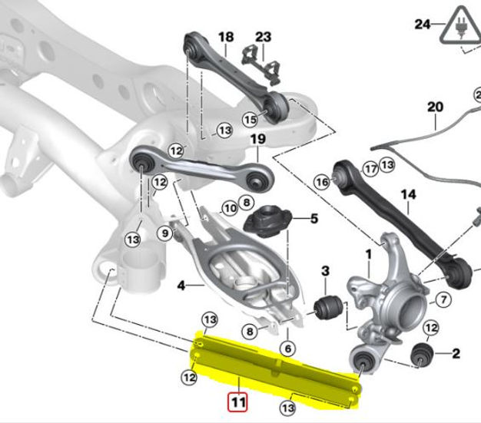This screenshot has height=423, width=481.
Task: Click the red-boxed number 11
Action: pos(237,400)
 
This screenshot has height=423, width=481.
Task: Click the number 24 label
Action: pos(423,24)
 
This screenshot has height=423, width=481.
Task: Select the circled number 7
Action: pos(443,299)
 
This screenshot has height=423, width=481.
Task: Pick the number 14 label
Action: pos(407,195)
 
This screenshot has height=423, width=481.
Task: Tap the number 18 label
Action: pos(225,37)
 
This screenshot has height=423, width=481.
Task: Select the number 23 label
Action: pos(263,37)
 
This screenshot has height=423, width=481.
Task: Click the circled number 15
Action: pos(250,120)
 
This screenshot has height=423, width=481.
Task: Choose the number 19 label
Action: pos(257,140)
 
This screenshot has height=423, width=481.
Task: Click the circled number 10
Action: pos(229,207)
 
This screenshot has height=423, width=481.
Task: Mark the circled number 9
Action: pos(166,233)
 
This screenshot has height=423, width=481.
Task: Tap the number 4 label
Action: pos(181,286)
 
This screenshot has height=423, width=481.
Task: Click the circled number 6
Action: pos(287,349)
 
